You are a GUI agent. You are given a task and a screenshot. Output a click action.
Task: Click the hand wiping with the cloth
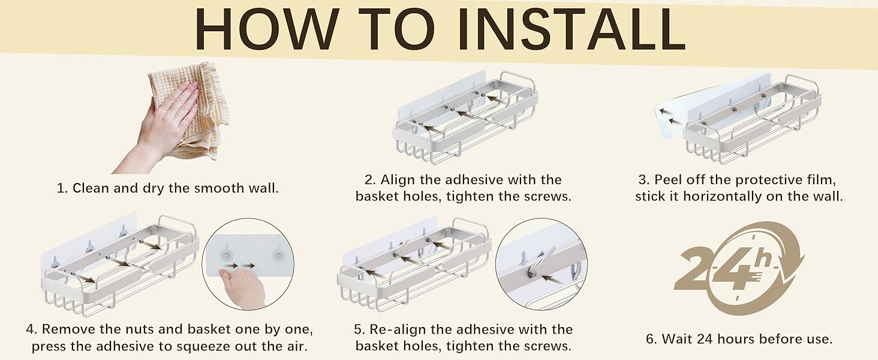[157, 125]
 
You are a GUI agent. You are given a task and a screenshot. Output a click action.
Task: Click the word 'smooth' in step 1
[220, 188]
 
